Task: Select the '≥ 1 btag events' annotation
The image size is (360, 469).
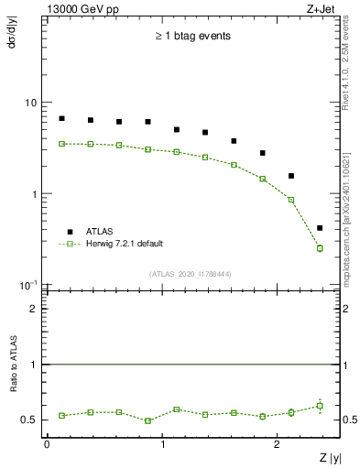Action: (191, 37)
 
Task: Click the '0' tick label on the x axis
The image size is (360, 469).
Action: (47, 443)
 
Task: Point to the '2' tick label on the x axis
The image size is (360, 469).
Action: (279, 443)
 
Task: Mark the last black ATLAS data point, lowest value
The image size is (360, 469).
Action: (320, 228)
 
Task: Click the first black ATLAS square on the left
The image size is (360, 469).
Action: (61, 118)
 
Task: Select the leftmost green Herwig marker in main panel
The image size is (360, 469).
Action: (61, 144)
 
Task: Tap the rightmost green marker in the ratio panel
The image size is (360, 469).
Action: (320, 406)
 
